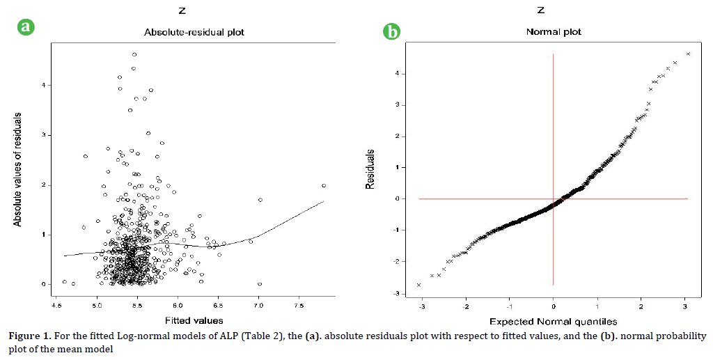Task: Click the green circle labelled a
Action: pyautogui.click(x=26, y=27)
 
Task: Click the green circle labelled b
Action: pyautogui.click(x=393, y=32)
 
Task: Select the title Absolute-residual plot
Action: pyautogui.click(x=194, y=33)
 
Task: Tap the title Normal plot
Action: pyautogui.click(x=554, y=32)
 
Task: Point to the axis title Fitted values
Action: pyautogui.click(x=194, y=320)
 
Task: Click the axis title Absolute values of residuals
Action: pyautogui.click(x=17, y=171)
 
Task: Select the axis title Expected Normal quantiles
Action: pyautogui.click(x=554, y=321)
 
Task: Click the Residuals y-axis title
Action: pyautogui.click(x=371, y=170)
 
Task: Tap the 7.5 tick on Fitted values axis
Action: pyautogui.click(x=299, y=304)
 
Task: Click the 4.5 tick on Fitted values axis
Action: pyautogui.click(x=56, y=304)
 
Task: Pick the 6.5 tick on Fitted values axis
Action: pyautogui.click(x=218, y=304)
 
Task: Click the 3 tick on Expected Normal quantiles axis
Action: pyautogui.click(x=685, y=306)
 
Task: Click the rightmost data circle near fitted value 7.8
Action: pyautogui.click(x=324, y=186)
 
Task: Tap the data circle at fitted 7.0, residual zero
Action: pyautogui.click(x=260, y=284)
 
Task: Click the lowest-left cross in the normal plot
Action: pyautogui.click(x=418, y=285)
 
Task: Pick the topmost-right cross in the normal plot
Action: pyautogui.click(x=688, y=54)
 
